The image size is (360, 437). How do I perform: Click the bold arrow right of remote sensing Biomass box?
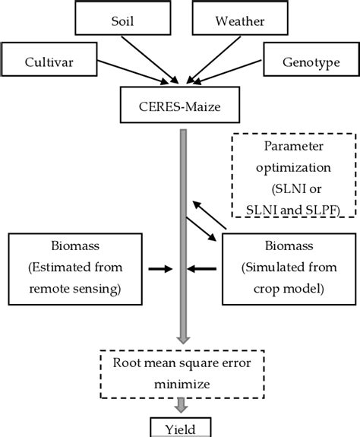point(159,268)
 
